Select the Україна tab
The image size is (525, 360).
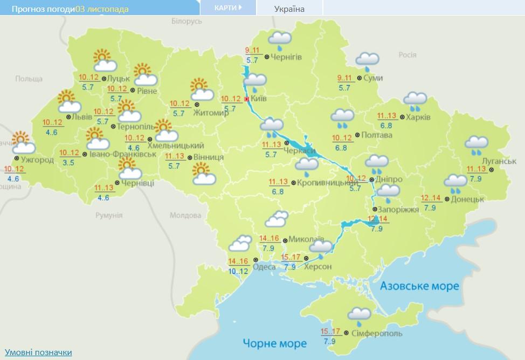pyautogui.click(x=289, y=9)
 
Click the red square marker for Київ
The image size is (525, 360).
pyautogui.click(x=247, y=99)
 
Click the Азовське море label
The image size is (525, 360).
pyautogui.click(x=419, y=286)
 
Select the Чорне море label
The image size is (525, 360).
pyautogui.click(x=274, y=343)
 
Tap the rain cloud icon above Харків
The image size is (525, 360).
pyautogui.click(x=416, y=99)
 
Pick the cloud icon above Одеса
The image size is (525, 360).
pyautogui.click(x=240, y=244)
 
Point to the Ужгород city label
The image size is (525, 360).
pyautogui.click(x=37, y=160)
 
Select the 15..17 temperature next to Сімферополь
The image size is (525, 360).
pyautogui.click(x=330, y=331)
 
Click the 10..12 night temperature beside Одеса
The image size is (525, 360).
pyautogui.click(x=238, y=271)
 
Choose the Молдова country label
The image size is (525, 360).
pyautogui.click(x=185, y=216)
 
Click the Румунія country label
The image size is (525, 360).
pyautogui.click(x=108, y=216)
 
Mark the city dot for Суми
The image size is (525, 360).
pyautogui.click(x=360, y=78)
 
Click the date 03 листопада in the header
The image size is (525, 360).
pyautogui.click(x=102, y=9)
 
